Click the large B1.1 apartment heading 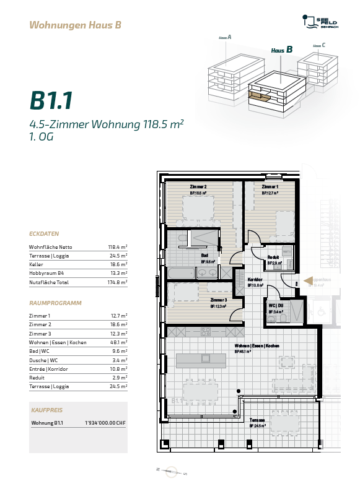(51, 100)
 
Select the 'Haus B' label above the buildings (281, 50)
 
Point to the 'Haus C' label (319, 45)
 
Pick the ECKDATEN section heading (44, 234)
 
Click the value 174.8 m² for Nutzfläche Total (117, 282)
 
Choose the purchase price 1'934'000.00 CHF (105, 423)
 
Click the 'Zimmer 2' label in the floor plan (198, 187)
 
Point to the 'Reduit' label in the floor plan (273, 258)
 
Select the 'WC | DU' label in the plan (276, 306)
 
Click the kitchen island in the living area (201, 360)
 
